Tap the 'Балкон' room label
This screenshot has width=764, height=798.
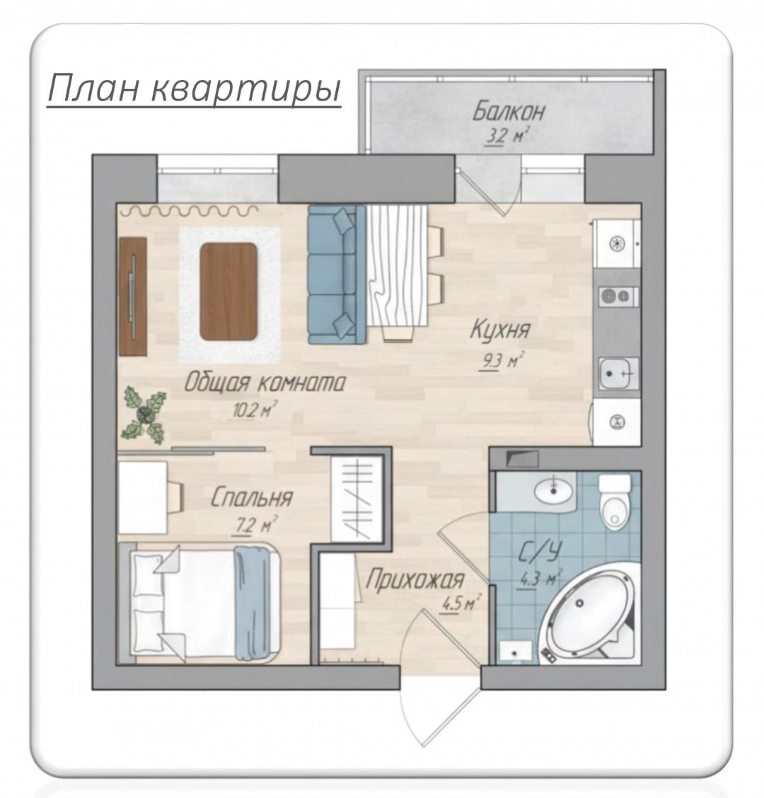click(x=509, y=112)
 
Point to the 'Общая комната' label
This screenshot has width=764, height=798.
click(x=265, y=382)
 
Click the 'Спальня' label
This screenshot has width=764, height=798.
click(x=252, y=497)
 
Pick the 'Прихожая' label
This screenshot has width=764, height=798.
click(x=415, y=579)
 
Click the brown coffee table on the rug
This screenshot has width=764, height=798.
click(x=228, y=291)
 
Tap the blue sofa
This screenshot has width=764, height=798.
click(x=337, y=274)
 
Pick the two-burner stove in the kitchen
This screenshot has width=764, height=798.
click(x=617, y=296)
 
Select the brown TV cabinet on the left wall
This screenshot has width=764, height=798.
click(x=133, y=296)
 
